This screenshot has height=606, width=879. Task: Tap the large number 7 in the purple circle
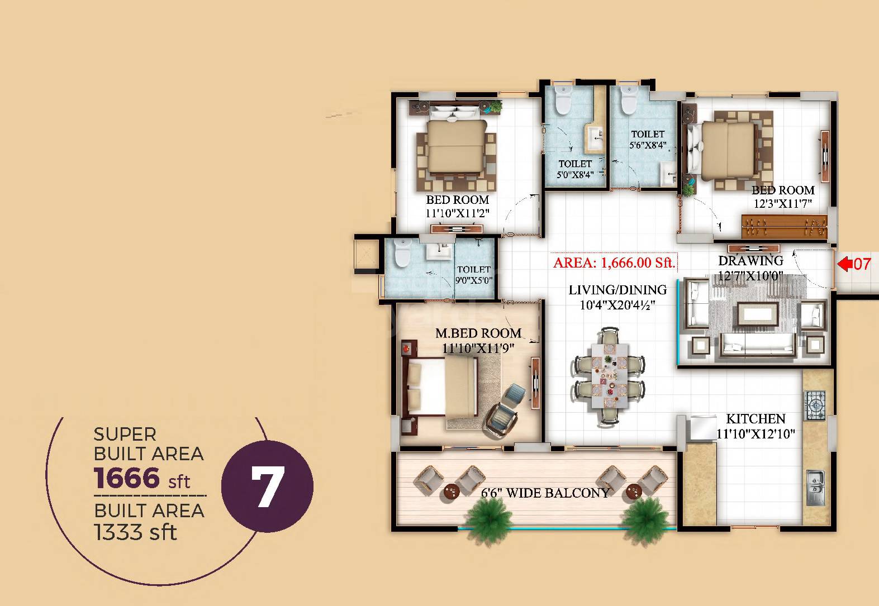pyautogui.click(x=267, y=485)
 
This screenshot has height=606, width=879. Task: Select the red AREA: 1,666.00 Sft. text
pyautogui.click(x=614, y=263)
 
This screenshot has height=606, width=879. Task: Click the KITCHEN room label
pyautogui.click(x=756, y=418)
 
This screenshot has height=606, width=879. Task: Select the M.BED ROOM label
pyautogui.click(x=478, y=333)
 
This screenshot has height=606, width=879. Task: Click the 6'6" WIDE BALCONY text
pyautogui.click(x=545, y=493)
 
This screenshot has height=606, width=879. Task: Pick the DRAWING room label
pyautogui.click(x=750, y=260)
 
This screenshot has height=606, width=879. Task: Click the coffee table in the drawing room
pyautogui.click(x=758, y=314)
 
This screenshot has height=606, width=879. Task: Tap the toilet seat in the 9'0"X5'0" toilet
pyautogui.click(x=401, y=254)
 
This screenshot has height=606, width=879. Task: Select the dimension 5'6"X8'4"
pyautogui.click(x=648, y=146)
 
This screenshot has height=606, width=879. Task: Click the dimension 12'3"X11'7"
pyautogui.click(x=782, y=204)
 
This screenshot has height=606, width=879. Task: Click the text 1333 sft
pyautogui.click(x=136, y=532)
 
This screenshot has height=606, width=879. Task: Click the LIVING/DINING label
pyautogui.click(x=617, y=290)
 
